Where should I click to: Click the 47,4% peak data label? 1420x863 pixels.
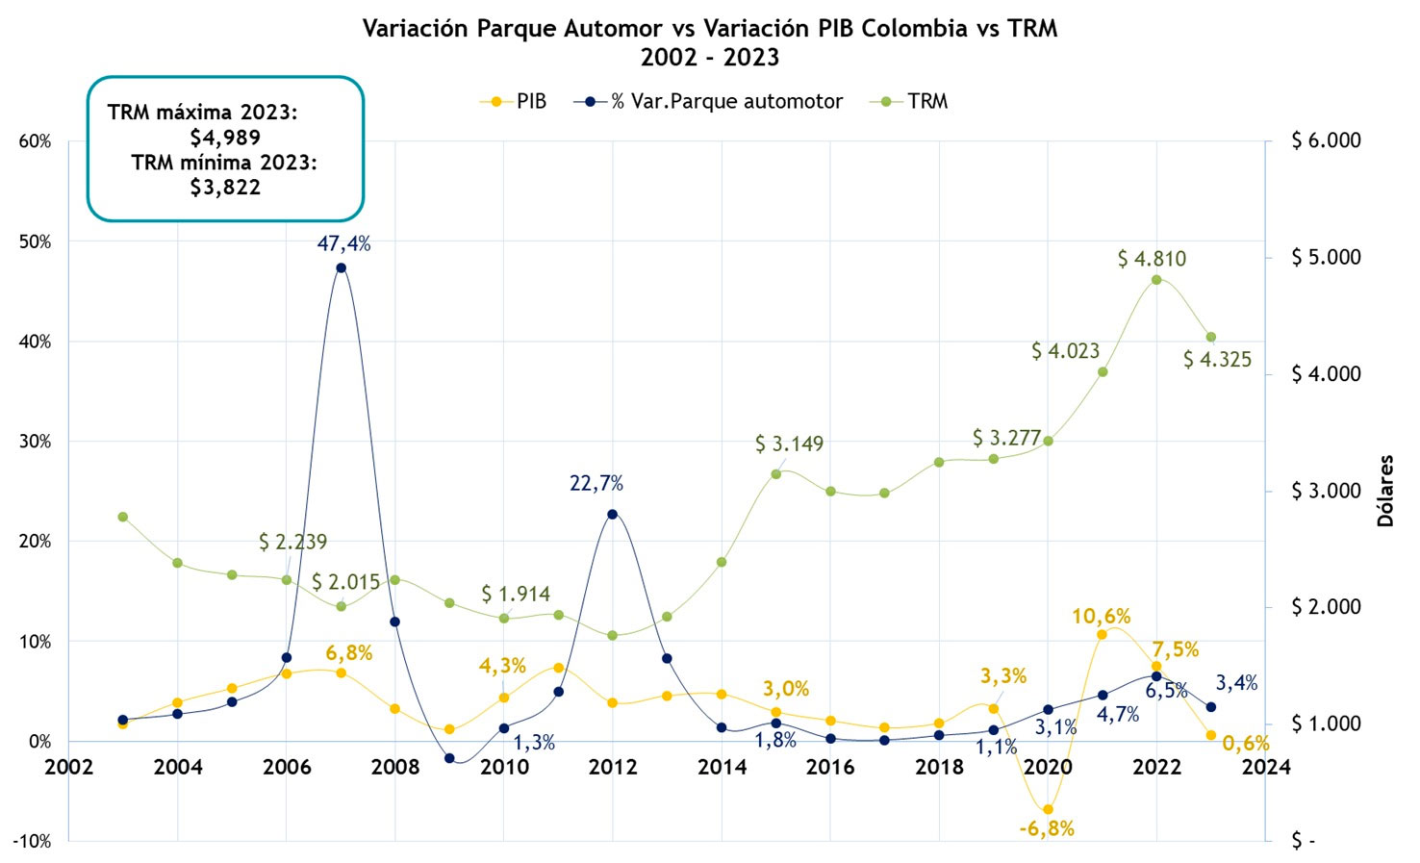[x=343, y=243]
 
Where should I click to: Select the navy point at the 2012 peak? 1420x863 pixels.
[x=613, y=514]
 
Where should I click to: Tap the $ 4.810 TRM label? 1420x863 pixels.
[x=1152, y=259]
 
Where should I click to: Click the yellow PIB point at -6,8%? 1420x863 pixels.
[x=1048, y=809]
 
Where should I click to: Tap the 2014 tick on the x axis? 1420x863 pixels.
[x=722, y=767]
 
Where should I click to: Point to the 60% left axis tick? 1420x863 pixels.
[x=35, y=141]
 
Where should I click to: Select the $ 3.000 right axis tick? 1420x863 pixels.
[x=1326, y=491]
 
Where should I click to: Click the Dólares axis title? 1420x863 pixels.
[x=1385, y=491]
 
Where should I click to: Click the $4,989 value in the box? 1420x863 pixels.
[x=225, y=137]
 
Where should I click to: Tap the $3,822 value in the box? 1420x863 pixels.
[x=225, y=187]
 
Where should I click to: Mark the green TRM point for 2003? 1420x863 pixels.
[x=122, y=517]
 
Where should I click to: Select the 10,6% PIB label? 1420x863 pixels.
[x=1102, y=616]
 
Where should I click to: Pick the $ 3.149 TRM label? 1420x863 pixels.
[x=789, y=444]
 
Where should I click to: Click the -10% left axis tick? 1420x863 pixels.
[x=32, y=841]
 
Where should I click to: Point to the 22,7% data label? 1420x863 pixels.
[x=596, y=483]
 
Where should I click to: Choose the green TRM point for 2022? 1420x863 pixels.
[x=1156, y=280]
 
